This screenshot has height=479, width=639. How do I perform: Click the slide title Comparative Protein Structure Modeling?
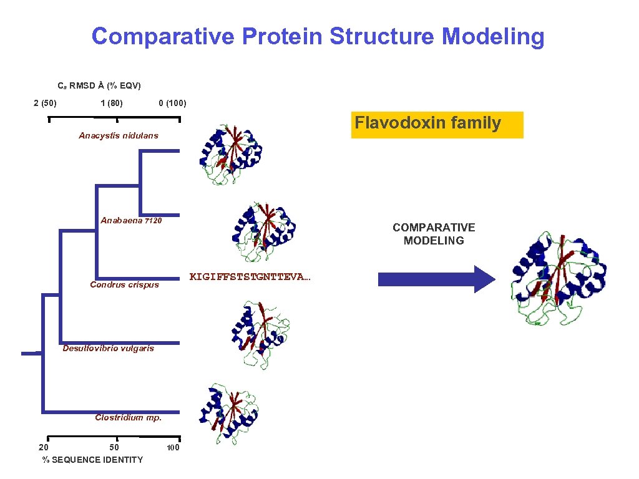pos(318,37)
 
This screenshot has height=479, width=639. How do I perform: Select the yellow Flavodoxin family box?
pos(437,124)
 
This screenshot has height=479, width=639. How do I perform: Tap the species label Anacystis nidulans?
pos(119,135)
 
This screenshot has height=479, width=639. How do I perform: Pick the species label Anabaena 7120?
pos(131,220)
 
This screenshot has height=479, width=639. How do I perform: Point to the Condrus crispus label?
pos(124,285)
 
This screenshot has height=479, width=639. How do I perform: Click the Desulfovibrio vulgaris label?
pos(108,348)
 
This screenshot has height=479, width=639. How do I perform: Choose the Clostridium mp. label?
pos(128,418)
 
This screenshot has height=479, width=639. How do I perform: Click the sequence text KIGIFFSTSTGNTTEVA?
pos(249,276)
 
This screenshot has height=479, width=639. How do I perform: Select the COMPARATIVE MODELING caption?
pos(434,234)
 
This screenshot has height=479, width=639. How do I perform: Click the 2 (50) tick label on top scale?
pos(45,103)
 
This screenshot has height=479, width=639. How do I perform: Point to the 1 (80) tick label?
pos(111,103)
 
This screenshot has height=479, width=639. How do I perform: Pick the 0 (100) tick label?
pos(172,103)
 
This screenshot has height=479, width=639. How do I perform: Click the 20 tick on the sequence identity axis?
pos(43,447)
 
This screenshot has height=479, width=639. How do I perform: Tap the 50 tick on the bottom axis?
pos(114,447)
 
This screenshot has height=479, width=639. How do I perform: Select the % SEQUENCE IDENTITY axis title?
pos(92,460)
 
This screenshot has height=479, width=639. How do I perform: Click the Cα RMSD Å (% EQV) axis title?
pos(99,85)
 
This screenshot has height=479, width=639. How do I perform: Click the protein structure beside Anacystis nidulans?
pos(227,153)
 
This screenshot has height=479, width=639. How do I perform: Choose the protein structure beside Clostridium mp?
pos(228,412)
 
